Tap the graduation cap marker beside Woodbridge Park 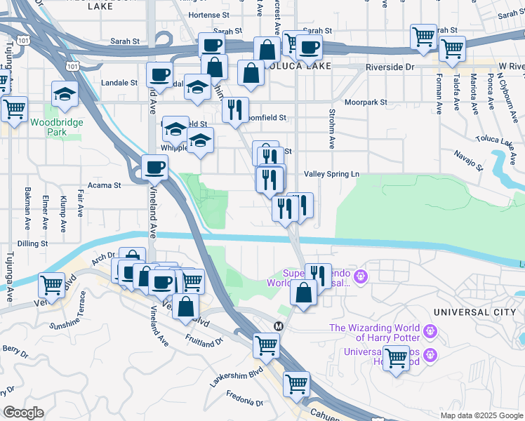coord(65,95)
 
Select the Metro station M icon coord(279,326)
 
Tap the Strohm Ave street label coord(331,128)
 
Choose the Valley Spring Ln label coord(331,174)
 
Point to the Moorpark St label coord(366,102)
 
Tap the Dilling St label coord(32,243)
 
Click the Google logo coord(23,413)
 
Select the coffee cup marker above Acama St coord(155,168)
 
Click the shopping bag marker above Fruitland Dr coord(185,307)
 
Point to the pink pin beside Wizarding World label coord(430,329)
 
